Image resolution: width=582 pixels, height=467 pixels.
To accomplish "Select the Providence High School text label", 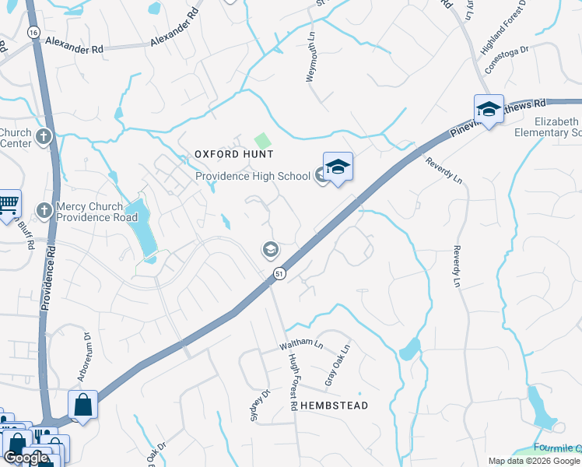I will click(252, 176).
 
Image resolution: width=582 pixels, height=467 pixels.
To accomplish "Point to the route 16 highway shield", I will click(33, 33).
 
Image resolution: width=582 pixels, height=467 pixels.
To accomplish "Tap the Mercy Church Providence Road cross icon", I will click(44, 210).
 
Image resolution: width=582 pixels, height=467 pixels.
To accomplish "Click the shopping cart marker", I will click(8, 204).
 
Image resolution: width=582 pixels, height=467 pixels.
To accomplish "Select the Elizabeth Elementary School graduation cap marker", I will click(488, 110).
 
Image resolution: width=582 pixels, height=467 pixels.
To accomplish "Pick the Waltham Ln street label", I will click(301, 342).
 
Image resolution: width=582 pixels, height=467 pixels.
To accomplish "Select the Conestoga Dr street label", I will click(507, 58).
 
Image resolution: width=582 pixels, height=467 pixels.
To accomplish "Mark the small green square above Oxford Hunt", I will click(263, 141).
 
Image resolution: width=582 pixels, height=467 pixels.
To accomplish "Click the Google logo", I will click(26, 458).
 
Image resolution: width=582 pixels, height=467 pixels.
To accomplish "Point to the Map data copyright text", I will click(534, 461).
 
